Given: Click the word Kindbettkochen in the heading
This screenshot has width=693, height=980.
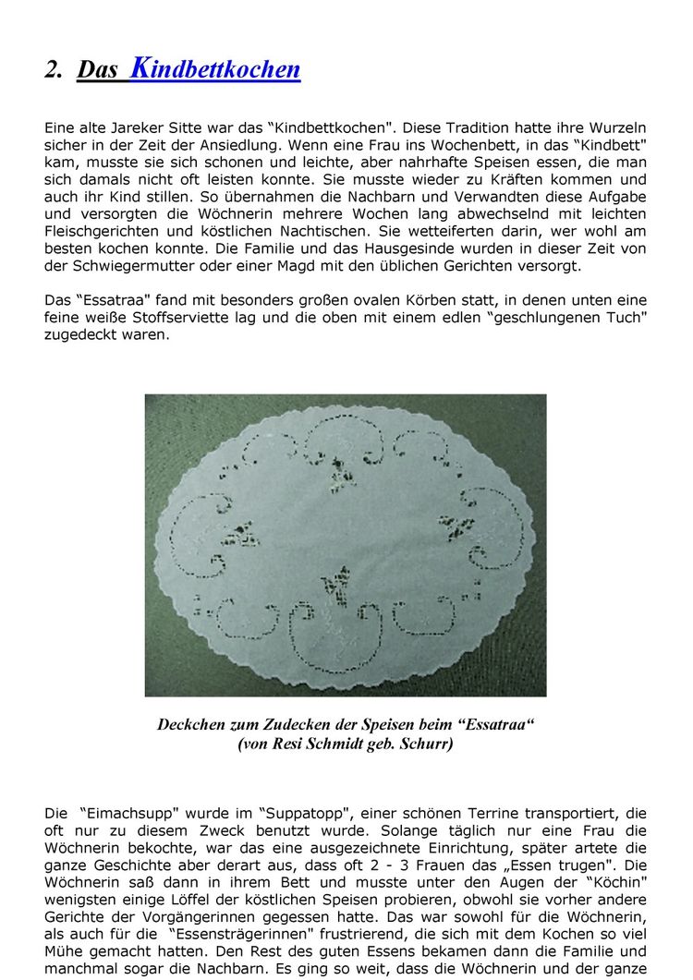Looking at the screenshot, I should (215, 68).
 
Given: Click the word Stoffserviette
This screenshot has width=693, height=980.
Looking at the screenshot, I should (195, 318).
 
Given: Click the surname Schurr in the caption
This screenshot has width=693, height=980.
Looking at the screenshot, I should (428, 744).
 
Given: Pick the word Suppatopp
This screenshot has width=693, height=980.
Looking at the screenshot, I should (309, 814).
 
